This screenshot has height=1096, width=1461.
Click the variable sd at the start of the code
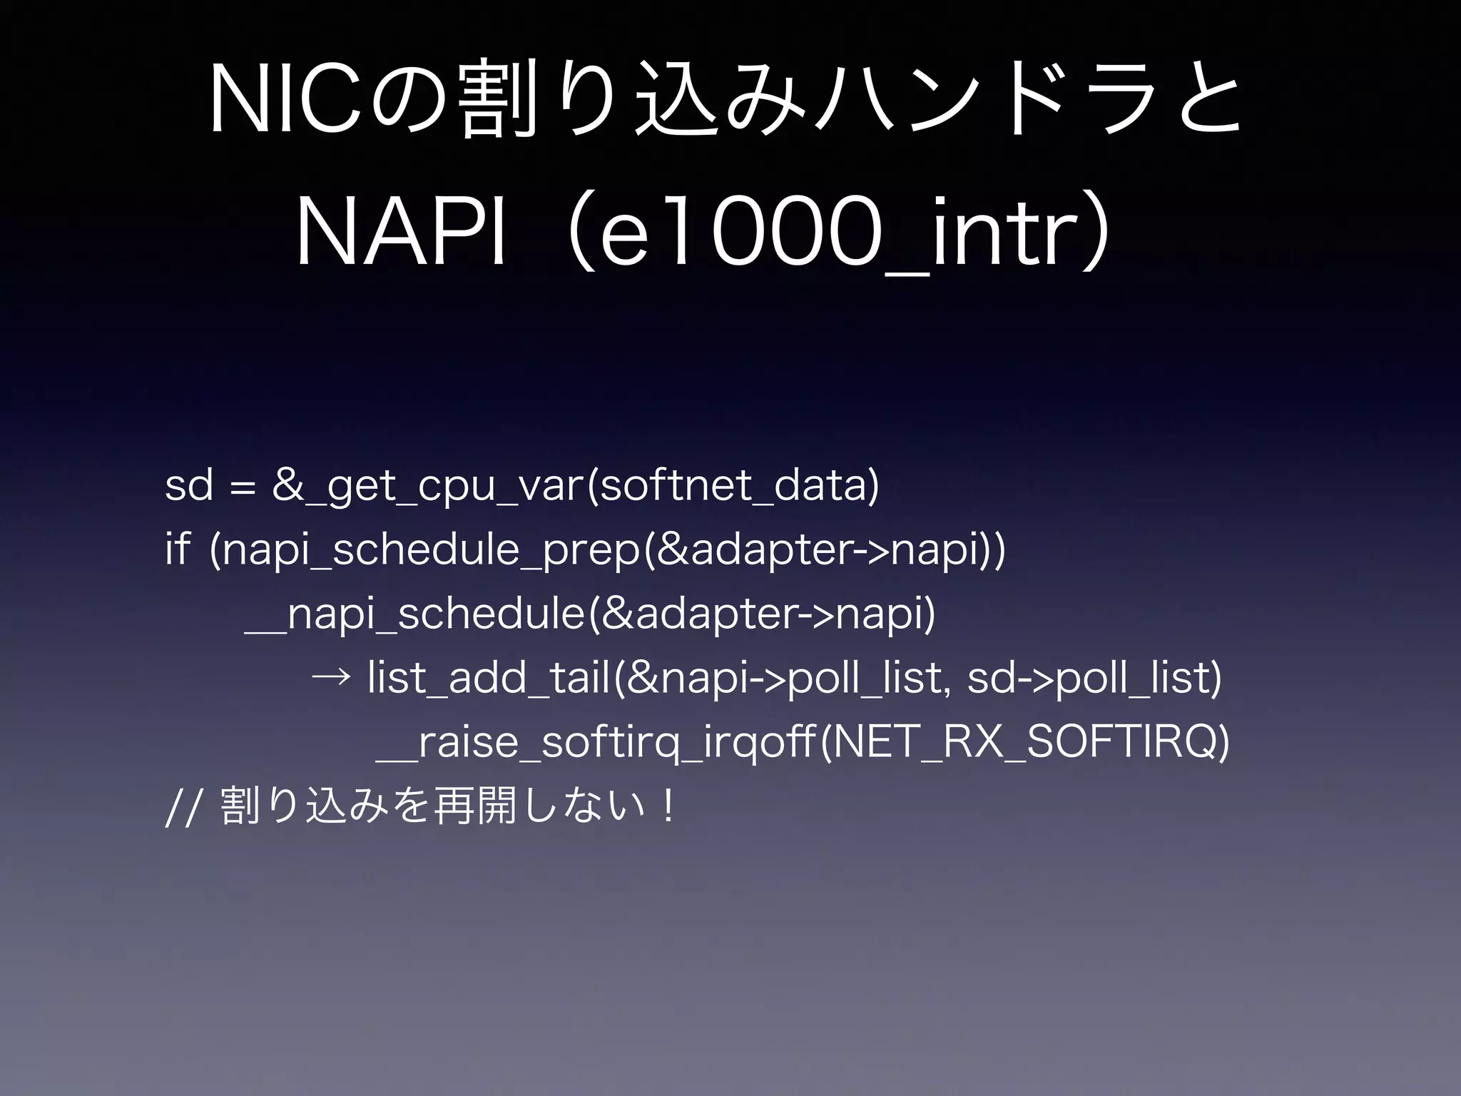tap(189, 486)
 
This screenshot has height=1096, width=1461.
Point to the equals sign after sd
tap(243, 487)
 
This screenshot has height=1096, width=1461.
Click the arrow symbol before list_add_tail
tap(331, 676)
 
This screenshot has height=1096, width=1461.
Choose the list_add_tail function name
tap(489, 676)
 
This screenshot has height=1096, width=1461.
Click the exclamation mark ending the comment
tap(668, 806)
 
